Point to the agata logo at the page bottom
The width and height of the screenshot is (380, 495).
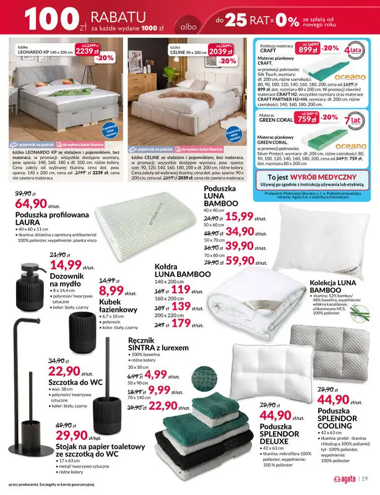point(342,478)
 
